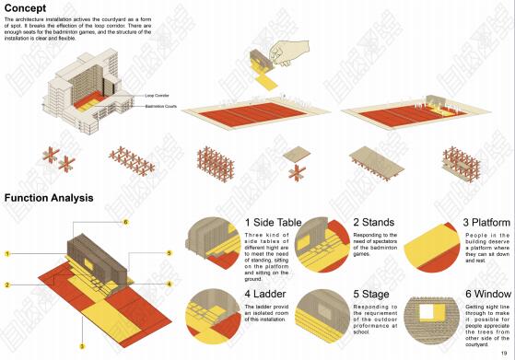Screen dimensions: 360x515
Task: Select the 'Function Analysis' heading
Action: coord(49,198)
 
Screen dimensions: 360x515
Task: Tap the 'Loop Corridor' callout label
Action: coord(157,95)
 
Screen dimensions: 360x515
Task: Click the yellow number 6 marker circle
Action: coord(125,223)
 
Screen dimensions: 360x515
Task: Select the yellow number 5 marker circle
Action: coord(169,252)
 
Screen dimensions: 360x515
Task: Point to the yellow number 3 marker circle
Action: coord(81,346)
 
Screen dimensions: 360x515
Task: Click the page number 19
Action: coord(504,352)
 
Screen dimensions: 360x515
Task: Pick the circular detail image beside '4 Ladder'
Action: coord(214,316)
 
